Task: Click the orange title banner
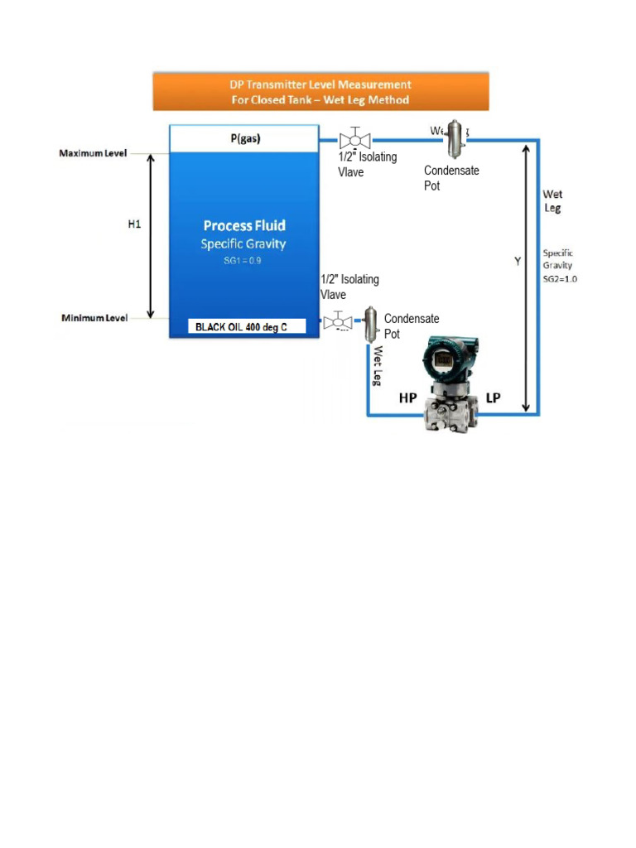pyautogui.click(x=320, y=91)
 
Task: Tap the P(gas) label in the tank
pyautogui.click(x=244, y=139)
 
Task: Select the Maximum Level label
pyautogui.click(x=93, y=154)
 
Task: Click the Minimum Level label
pyautogui.click(x=93, y=318)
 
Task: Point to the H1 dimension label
pyautogui.click(x=133, y=224)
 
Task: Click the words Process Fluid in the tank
pyautogui.click(x=245, y=225)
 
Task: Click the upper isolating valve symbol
pyautogui.click(x=355, y=139)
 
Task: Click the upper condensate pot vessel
pyautogui.click(x=455, y=138)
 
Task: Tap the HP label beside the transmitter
pyautogui.click(x=408, y=397)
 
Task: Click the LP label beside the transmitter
pyautogui.click(x=493, y=397)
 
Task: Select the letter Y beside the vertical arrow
pyautogui.click(x=518, y=262)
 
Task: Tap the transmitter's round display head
pyautogui.click(x=443, y=362)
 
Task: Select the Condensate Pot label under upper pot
pyautogui.click(x=451, y=178)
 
